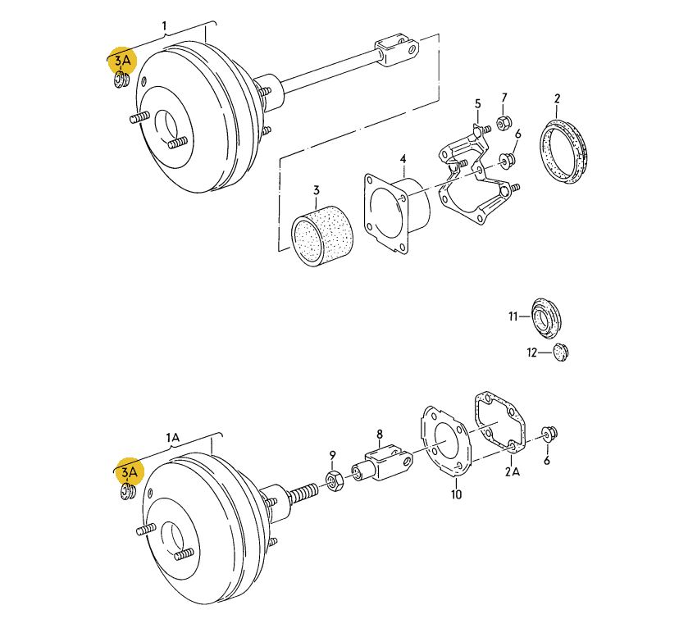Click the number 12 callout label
pyautogui.click(x=531, y=353)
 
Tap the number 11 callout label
pyautogui.click(x=513, y=316)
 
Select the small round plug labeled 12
pyautogui.click(x=561, y=353)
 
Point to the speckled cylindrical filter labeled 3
pyautogui.click(x=322, y=235)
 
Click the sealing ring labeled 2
pyautogui.click(x=564, y=152)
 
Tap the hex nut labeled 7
pyautogui.click(x=504, y=123)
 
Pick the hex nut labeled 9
pyautogui.click(x=334, y=481)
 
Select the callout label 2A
pyautogui.click(x=513, y=471)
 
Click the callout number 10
pyautogui.click(x=457, y=494)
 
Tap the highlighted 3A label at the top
pyautogui.click(x=122, y=61)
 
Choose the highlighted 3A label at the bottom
pyautogui.click(x=129, y=471)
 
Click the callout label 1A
pyautogui.click(x=172, y=438)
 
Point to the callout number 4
pyautogui.click(x=403, y=159)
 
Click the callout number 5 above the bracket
pyautogui.click(x=477, y=103)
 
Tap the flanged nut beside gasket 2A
pyautogui.click(x=550, y=433)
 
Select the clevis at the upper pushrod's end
pyautogui.click(x=396, y=50)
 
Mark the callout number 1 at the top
pyautogui.click(x=164, y=26)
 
